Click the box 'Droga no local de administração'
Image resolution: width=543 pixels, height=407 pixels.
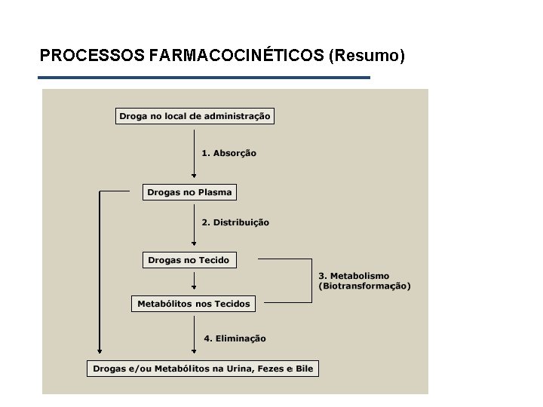[x=194, y=116]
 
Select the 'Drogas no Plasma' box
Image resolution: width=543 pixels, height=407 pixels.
[x=189, y=192]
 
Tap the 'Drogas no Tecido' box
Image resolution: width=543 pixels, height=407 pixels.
[x=189, y=260]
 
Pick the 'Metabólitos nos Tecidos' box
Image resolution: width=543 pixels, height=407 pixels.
[x=193, y=304]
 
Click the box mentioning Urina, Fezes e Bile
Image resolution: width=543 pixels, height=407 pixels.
[x=203, y=369]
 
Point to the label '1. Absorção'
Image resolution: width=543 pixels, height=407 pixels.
[x=229, y=153]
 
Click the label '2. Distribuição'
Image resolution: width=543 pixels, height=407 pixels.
[x=235, y=222]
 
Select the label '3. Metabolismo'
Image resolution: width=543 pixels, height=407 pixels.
[x=354, y=276]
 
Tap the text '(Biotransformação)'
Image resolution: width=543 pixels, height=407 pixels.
[x=364, y=286]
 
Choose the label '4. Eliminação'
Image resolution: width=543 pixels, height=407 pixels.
[x=233, y=339]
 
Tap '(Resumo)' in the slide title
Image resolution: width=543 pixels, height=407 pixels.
[x=367, y=56]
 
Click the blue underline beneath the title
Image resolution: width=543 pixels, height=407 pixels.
[x=204, y=78]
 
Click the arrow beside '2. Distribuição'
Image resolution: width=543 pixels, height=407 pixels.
[x=194, y=222]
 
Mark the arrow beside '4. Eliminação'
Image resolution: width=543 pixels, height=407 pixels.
[x=194, y=335]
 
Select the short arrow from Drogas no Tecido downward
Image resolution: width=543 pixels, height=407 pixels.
[x=194, y=280]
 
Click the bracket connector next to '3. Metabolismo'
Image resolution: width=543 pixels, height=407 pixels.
[x=311, y=280]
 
